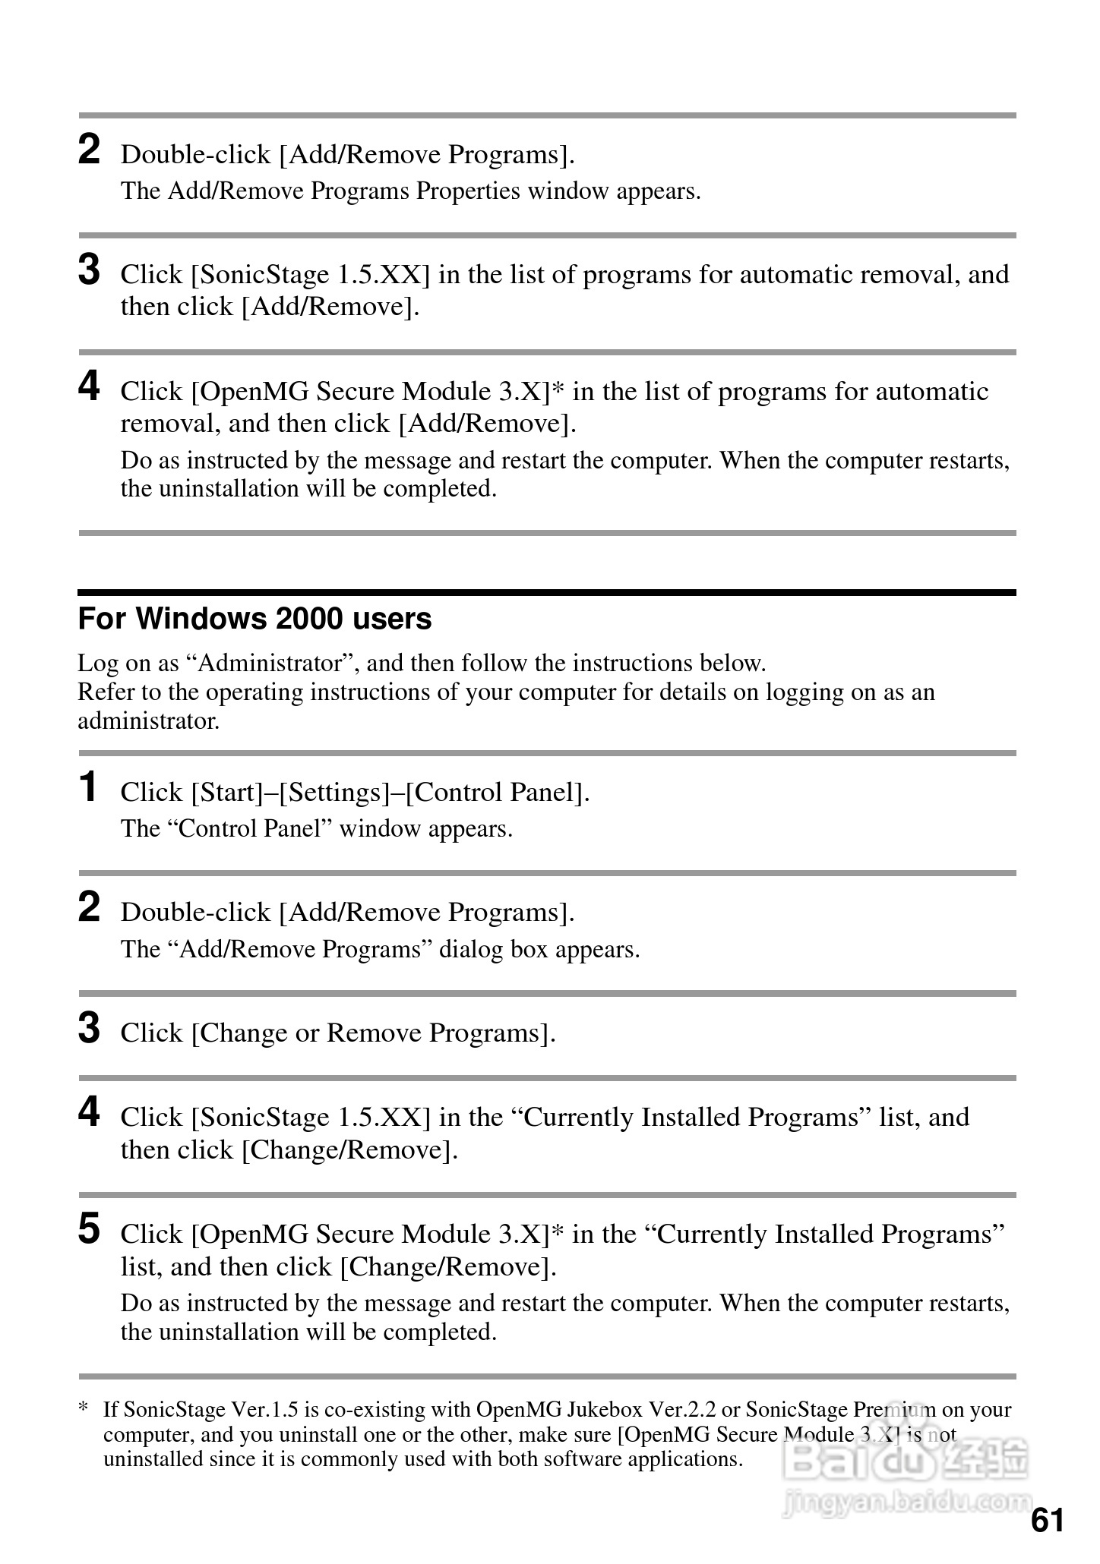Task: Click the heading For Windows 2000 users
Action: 254,620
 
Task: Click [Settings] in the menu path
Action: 334,793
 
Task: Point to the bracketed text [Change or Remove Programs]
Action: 373,1033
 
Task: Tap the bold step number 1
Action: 89,787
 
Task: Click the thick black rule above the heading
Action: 547,592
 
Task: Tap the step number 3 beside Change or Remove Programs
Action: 89,1029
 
